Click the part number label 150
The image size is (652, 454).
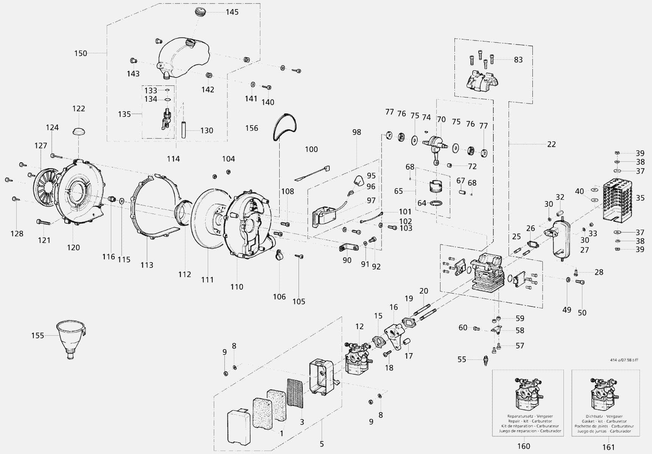click(x=80, y=53)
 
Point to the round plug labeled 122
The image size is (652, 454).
click(x=78, y=131)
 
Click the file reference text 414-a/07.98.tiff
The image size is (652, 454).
click(x=624, y=360)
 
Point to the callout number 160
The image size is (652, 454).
click(x=524, y=446)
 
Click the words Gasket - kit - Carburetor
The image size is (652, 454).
click(x=605, y=421)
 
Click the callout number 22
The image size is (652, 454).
click(x=551, y=144)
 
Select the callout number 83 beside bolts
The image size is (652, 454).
click(x=518, y=60)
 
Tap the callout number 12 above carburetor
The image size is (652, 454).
click(x=359, y=326)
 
